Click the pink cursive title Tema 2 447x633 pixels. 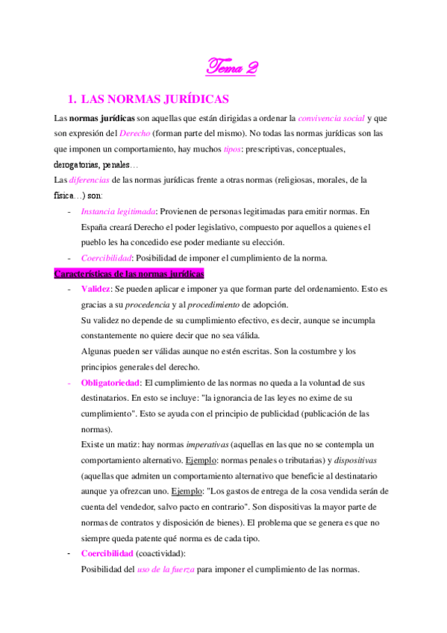point(232,68)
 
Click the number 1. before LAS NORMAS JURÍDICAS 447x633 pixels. point(72,99)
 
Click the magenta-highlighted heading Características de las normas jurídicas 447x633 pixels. point(129,273)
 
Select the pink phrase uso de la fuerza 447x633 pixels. point(166,569)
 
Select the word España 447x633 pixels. point(97,226)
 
